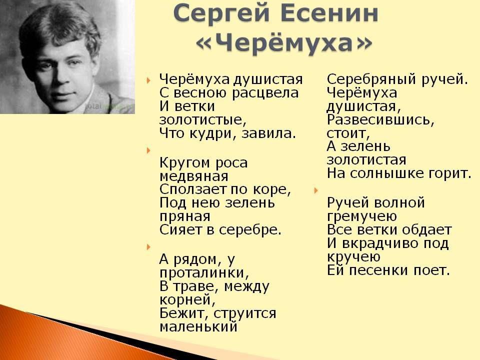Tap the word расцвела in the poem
pyautogui.click(x=265, y=93)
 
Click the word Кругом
pyautogui.click(x=185, y=163)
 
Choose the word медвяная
pyautogui.click(x=194, y=176)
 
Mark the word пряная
pyautogui.click(x=185, y=216)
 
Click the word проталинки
pyautogui.click(x=204, y=273)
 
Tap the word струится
pyautogui.click(x=245, y=313)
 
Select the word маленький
pyautogui.click(x=198, y=326)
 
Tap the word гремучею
pyautogui.click(x=362, y=216)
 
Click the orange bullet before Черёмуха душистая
pyautogui.click(x=149, y=80)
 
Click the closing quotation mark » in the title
pyautogui.click(x=363, y=43)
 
